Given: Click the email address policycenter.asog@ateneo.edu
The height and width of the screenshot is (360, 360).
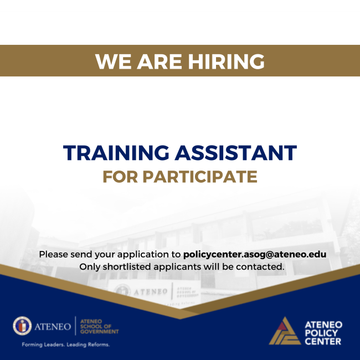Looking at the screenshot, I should (x=254, y=255).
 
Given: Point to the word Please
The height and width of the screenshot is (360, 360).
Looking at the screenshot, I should (x=54, y=255).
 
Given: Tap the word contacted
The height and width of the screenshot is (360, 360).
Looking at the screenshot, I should (x=263, y=267).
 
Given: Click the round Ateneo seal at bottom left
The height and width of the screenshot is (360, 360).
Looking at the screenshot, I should (x=22, y=326).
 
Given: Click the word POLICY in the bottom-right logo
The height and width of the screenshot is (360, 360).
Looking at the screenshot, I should (x=323, y=333).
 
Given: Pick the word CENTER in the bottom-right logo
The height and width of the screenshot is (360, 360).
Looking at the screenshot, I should (x=323, y=342).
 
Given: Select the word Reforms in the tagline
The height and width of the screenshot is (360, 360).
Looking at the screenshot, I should (x=98, y=344).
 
